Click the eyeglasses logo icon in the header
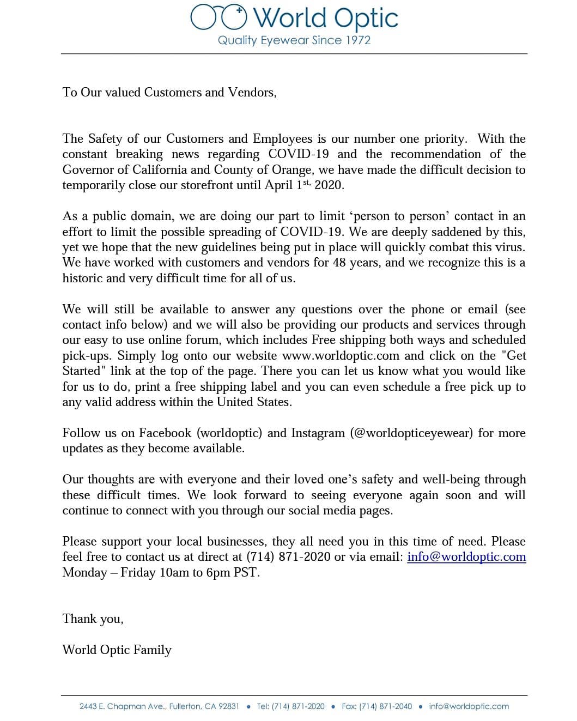[x=218, y=17]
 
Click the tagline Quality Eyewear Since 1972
[x=294, y=40]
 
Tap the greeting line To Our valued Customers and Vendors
[x=169, y=92]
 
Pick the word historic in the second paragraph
[x=82, y=278]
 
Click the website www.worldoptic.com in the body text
[x=341, y=356]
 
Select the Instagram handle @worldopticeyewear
[x=412, y=433]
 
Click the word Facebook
[x=165, y=433]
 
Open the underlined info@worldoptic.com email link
[x=466, y=557]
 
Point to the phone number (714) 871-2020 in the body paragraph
[x=288, y=557]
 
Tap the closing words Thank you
[x=93, y=619]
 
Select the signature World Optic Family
[x=117, y=650]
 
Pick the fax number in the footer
[x=385, y=706]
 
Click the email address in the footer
[x=469, y=706]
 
